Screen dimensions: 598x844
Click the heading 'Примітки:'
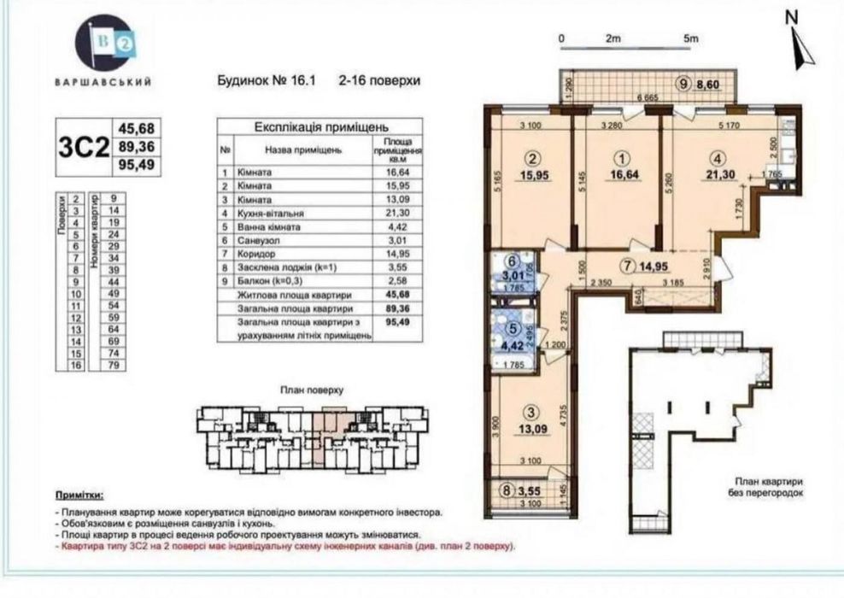79,495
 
